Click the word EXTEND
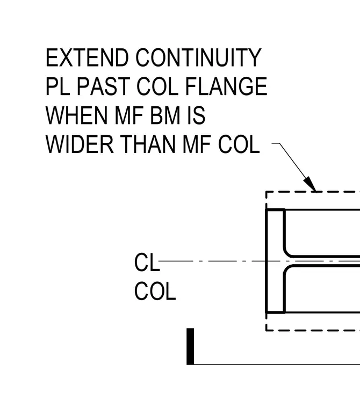pos(87,57)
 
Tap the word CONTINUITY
pos(198,57)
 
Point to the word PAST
pos(103,86)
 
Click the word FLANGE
pos(226,86)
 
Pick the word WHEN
pos(76,115)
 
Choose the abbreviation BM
pos(165,115)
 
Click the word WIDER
pos(80,144)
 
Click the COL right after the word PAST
pos(157,86)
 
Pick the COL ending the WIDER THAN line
pos(239,144)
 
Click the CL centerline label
pos(147,263)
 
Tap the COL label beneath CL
pos(155,291)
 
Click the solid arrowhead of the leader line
pos(310,184)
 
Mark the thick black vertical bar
pos(190,346)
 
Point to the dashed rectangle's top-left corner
pos(266,192)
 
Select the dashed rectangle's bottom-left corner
pos(266,331)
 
